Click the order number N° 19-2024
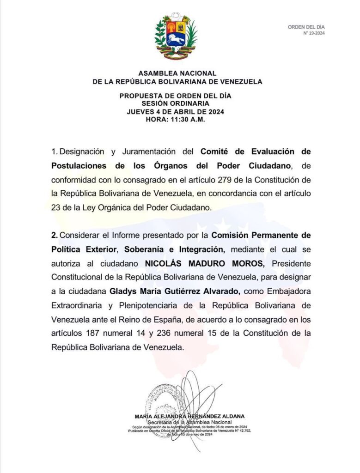314,33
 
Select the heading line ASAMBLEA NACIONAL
177,73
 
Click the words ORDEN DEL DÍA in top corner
306,27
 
